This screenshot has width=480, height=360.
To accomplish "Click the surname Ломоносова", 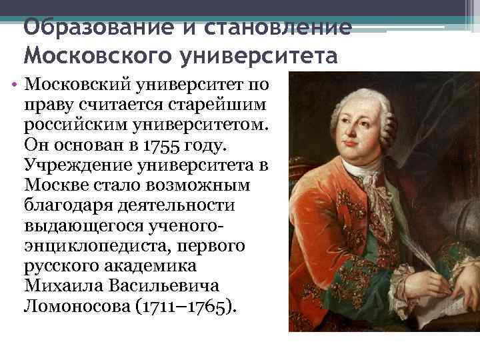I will pyautogui.click(x=74, y=306).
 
